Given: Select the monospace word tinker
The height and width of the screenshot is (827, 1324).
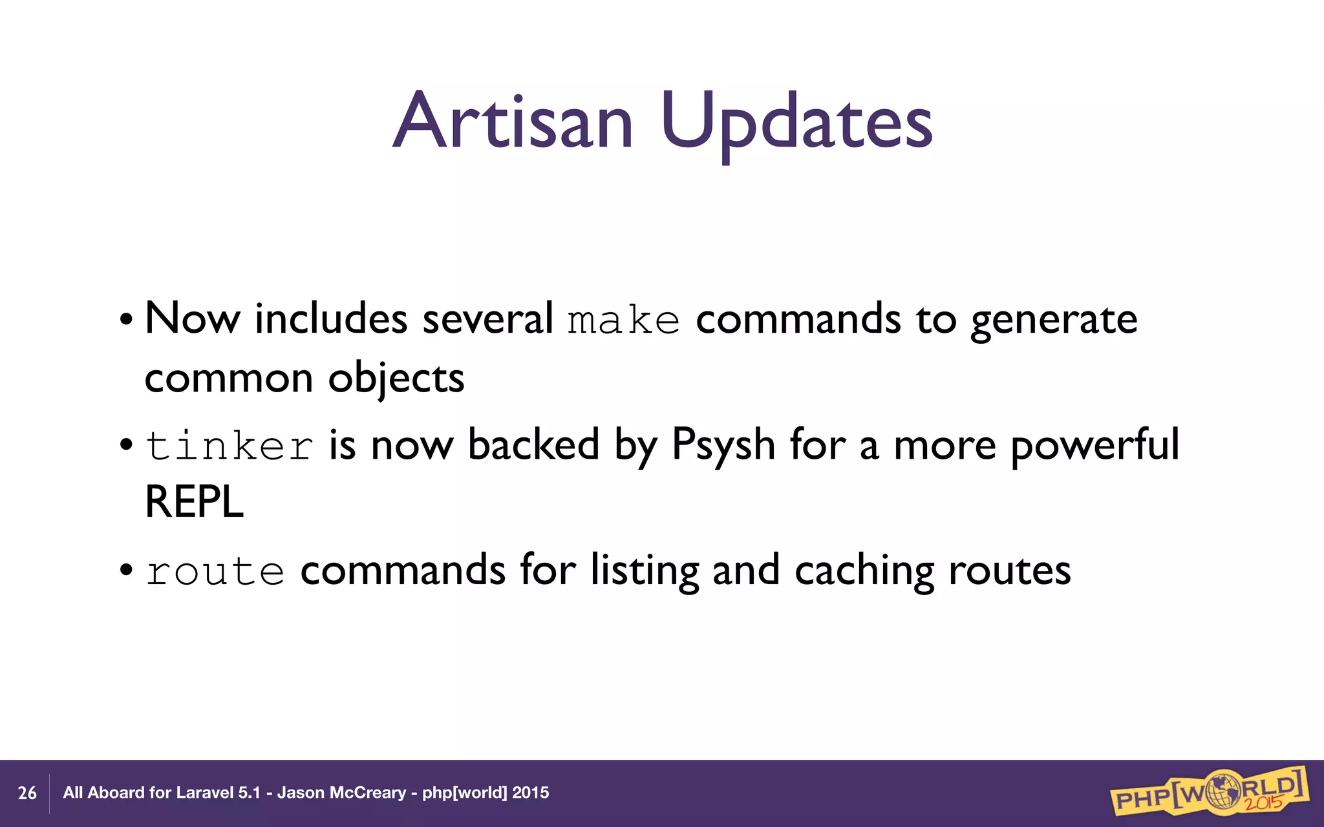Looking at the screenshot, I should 230,446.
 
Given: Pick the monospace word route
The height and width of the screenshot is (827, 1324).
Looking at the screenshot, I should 215,571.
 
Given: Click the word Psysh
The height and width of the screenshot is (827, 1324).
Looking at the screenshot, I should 723,446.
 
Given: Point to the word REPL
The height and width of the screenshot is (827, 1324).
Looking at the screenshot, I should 194,502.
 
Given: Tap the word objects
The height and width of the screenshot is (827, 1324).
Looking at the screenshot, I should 396,379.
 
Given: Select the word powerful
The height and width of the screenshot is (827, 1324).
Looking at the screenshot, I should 1094,446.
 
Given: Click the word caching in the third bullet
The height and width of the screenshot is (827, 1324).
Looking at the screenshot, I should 864,571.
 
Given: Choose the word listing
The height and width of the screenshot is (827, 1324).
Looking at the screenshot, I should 645,571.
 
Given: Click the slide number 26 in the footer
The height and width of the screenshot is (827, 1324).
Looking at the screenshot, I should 27,793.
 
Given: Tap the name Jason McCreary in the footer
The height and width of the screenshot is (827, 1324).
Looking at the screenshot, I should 341,793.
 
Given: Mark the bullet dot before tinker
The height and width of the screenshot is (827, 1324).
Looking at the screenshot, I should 127,445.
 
